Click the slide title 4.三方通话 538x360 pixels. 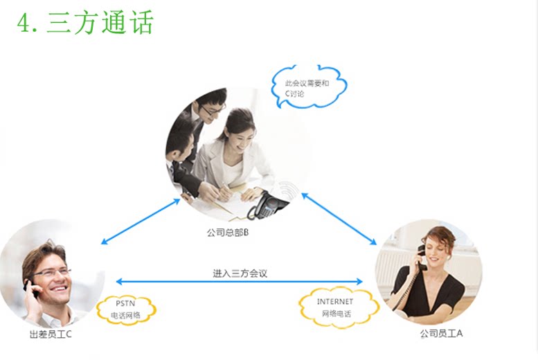pos(84,23)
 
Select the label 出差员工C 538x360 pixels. pos(51,334)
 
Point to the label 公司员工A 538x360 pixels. pos(441,334)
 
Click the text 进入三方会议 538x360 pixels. pos(240,273)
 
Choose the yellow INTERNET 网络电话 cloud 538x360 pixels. pos(337,307)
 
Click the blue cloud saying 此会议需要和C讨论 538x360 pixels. pos(307,87)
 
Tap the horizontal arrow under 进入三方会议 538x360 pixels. pos(240,282)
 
